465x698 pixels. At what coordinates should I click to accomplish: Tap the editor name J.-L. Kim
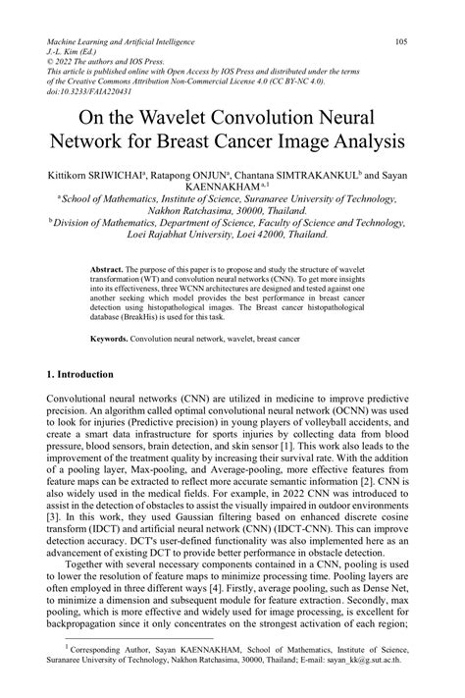[69, 54]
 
